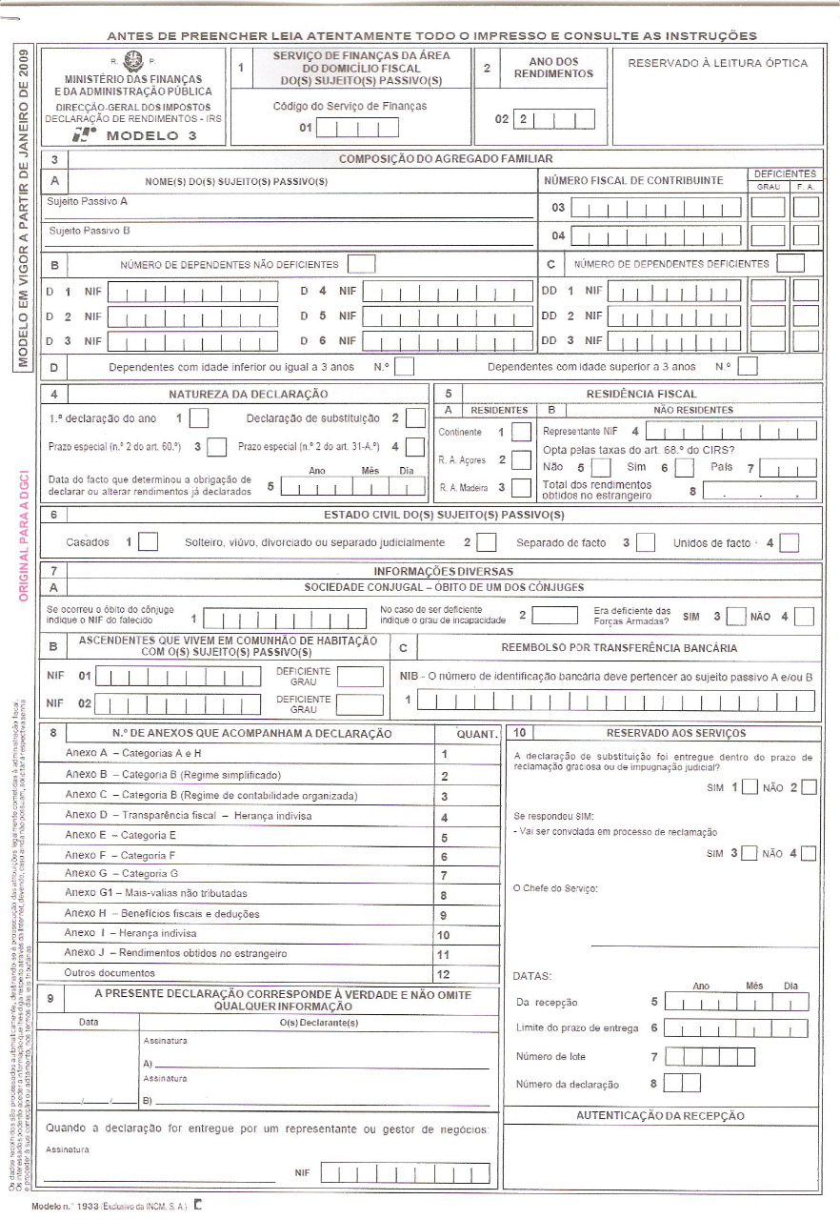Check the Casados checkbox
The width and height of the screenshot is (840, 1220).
[x=148, y=542]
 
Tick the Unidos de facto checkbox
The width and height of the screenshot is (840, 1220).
[x=789, y=542]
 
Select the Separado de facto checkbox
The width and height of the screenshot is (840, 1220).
[x=646, y=542]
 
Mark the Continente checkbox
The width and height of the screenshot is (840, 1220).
[x=521, y=432]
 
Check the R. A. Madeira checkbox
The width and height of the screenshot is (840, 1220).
[x=521, y=488]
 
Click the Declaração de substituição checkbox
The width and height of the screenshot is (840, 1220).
[x=415, y=418]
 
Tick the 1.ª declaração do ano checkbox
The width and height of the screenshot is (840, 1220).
[x=200, y=418]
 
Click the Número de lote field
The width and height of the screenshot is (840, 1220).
[x=710, y=1057]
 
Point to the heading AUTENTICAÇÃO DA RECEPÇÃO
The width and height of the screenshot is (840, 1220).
[x=660, y=1116]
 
